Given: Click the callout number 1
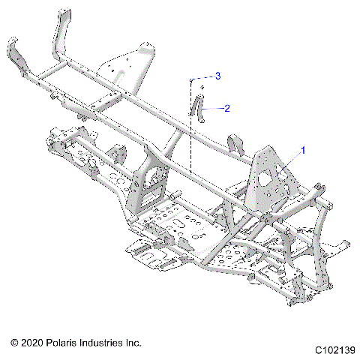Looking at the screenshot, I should (302, 150).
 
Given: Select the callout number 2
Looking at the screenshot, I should (227, 109).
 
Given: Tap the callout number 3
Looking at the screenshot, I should (217, 76).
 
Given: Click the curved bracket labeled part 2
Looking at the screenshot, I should (201, 108).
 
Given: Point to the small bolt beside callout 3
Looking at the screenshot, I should (192, 79).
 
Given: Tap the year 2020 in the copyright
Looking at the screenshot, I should (34, 343).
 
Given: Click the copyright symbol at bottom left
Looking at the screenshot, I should (15, 343).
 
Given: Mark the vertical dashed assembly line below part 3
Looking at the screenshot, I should (191, 142).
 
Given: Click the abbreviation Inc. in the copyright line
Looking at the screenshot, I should (133, 343).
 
